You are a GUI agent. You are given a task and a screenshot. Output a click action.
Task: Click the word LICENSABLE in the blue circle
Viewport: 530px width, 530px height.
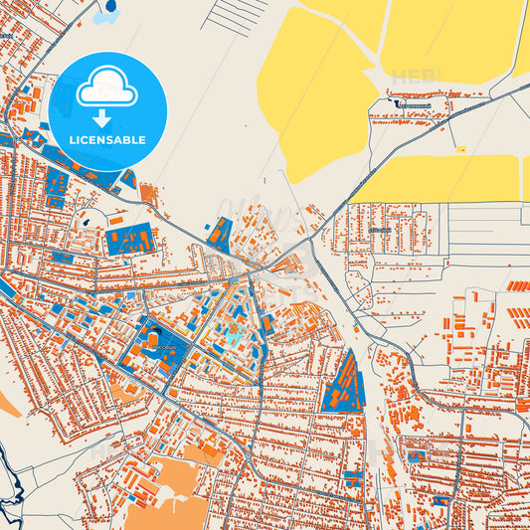pyautogui.click(x=106, y=140)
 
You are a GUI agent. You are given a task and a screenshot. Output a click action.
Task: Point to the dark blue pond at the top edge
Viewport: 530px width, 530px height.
pyautogui.click(x=109, y=6)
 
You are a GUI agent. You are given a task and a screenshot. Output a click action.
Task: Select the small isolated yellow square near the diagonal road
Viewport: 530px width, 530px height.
pyautogui.click(x=459, y=149)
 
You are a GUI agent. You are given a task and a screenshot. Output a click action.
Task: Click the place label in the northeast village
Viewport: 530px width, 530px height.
pyautogui.click(x=411, y=103)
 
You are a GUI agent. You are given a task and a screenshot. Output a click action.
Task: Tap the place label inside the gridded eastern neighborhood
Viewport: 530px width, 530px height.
pyautogui.click(x=379, y=230)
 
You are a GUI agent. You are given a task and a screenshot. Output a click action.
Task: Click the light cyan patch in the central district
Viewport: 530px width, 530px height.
pyautogui.click(x=232, y=338)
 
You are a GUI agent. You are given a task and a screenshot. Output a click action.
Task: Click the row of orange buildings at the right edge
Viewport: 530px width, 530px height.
pyautogui.click(x=517, y=286)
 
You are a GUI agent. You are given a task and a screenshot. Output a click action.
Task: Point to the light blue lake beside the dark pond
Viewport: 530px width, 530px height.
pyautogui.click(x=100, y=17)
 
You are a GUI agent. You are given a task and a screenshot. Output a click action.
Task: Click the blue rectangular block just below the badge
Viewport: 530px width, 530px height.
pyautogui.click(x=128, y=240)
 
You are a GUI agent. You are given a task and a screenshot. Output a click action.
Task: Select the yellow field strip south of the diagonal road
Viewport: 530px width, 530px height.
pyautogui.click(x=438, y=179)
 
